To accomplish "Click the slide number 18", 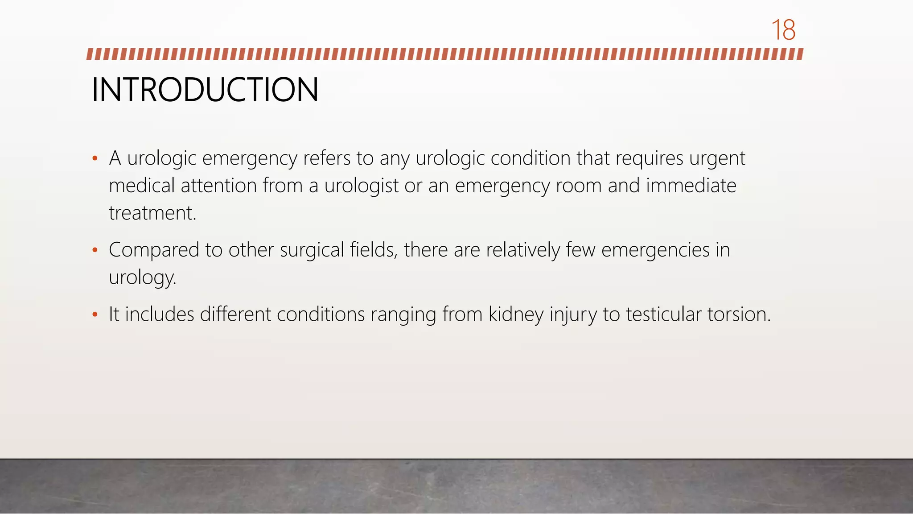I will pyautogui.click(x=783, y=30).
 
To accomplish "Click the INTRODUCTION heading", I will pyautogui.click(x=205, y=90).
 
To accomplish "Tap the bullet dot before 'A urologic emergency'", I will pyautogui.click(x=95, y=158).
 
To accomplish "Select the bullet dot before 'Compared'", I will pyautogui.click(x=95, y=250).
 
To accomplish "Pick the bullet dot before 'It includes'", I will pyautogui.click(x=95, y=315).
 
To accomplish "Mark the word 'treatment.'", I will pyautogui.click(x=152, y=213).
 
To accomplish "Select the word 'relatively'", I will pyautogui.click(x=522, y=250).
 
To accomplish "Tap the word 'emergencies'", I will pyautogui.click(x=655, y=250).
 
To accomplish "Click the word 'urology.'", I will pyautogui.click(x=143, y=278).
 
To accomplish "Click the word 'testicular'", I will pyautogui.click(x=664, y=315).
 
